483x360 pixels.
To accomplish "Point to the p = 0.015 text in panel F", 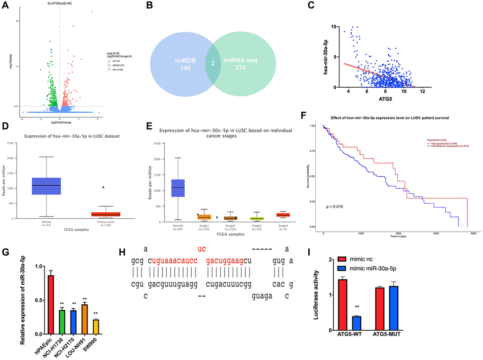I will coord(334,207).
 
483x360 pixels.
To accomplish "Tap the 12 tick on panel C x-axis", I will coord(422,91).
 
